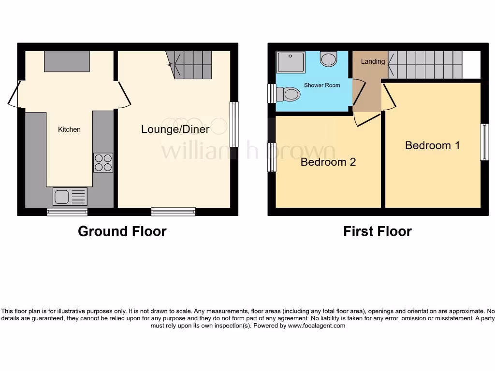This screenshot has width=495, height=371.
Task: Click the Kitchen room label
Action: click(69, 129)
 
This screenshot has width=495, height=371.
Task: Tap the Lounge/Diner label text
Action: click(175, 129)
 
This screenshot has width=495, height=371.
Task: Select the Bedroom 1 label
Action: click(432, 145)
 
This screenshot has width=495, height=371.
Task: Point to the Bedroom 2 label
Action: click(328, 162)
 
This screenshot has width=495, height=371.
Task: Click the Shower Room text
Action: click(321, 85)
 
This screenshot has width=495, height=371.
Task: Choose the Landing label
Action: click(373, 61)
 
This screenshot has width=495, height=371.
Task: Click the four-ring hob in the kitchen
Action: click(103, 163)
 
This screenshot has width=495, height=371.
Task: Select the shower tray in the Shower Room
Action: click(291, 62)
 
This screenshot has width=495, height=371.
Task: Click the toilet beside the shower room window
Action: click(289, 94)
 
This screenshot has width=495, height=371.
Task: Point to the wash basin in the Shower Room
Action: click(329, 59)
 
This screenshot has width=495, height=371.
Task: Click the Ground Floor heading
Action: click(122, 231)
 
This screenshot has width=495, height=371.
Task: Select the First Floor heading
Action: click(378, 231)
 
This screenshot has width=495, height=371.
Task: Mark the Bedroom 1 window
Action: click(484, 142)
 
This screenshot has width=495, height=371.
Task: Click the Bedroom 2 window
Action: click(272, 157)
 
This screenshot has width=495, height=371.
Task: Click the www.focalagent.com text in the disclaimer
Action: click(317, 326)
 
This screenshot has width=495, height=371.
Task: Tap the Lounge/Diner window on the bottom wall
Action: click(173, 211)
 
